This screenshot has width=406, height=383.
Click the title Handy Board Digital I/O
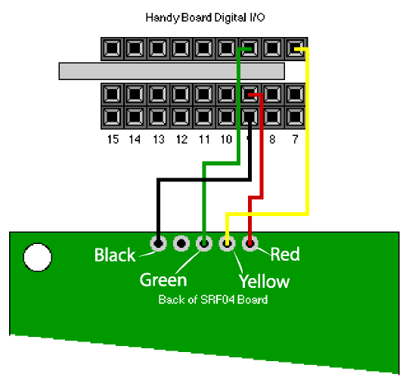[205, 18]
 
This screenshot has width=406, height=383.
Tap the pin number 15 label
[113, 140]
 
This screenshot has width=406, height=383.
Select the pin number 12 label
[181, 140]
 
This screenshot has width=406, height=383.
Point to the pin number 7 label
[295, 140]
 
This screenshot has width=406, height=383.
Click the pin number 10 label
[226, 140]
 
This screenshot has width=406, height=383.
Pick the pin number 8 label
[272, 140]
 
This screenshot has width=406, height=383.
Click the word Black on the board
[115, 255]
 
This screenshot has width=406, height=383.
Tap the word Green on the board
[163, 280]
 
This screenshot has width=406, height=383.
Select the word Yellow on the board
[264, 281]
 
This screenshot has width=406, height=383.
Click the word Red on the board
[285, 254]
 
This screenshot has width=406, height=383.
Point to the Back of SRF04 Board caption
[213, 300]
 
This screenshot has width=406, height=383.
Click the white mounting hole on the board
[38, 258]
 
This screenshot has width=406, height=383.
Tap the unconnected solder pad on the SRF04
[181, 243]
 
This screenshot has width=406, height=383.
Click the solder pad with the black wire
[158, 243]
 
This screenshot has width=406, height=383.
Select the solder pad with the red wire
[250, 243]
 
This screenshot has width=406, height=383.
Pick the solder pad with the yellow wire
[227, 243]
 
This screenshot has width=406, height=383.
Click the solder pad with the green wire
[204, 243]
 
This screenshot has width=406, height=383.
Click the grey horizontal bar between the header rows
[172, 71]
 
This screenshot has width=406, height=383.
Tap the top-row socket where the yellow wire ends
[295, 48]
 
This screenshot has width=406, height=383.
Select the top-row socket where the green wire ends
[249, 48]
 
